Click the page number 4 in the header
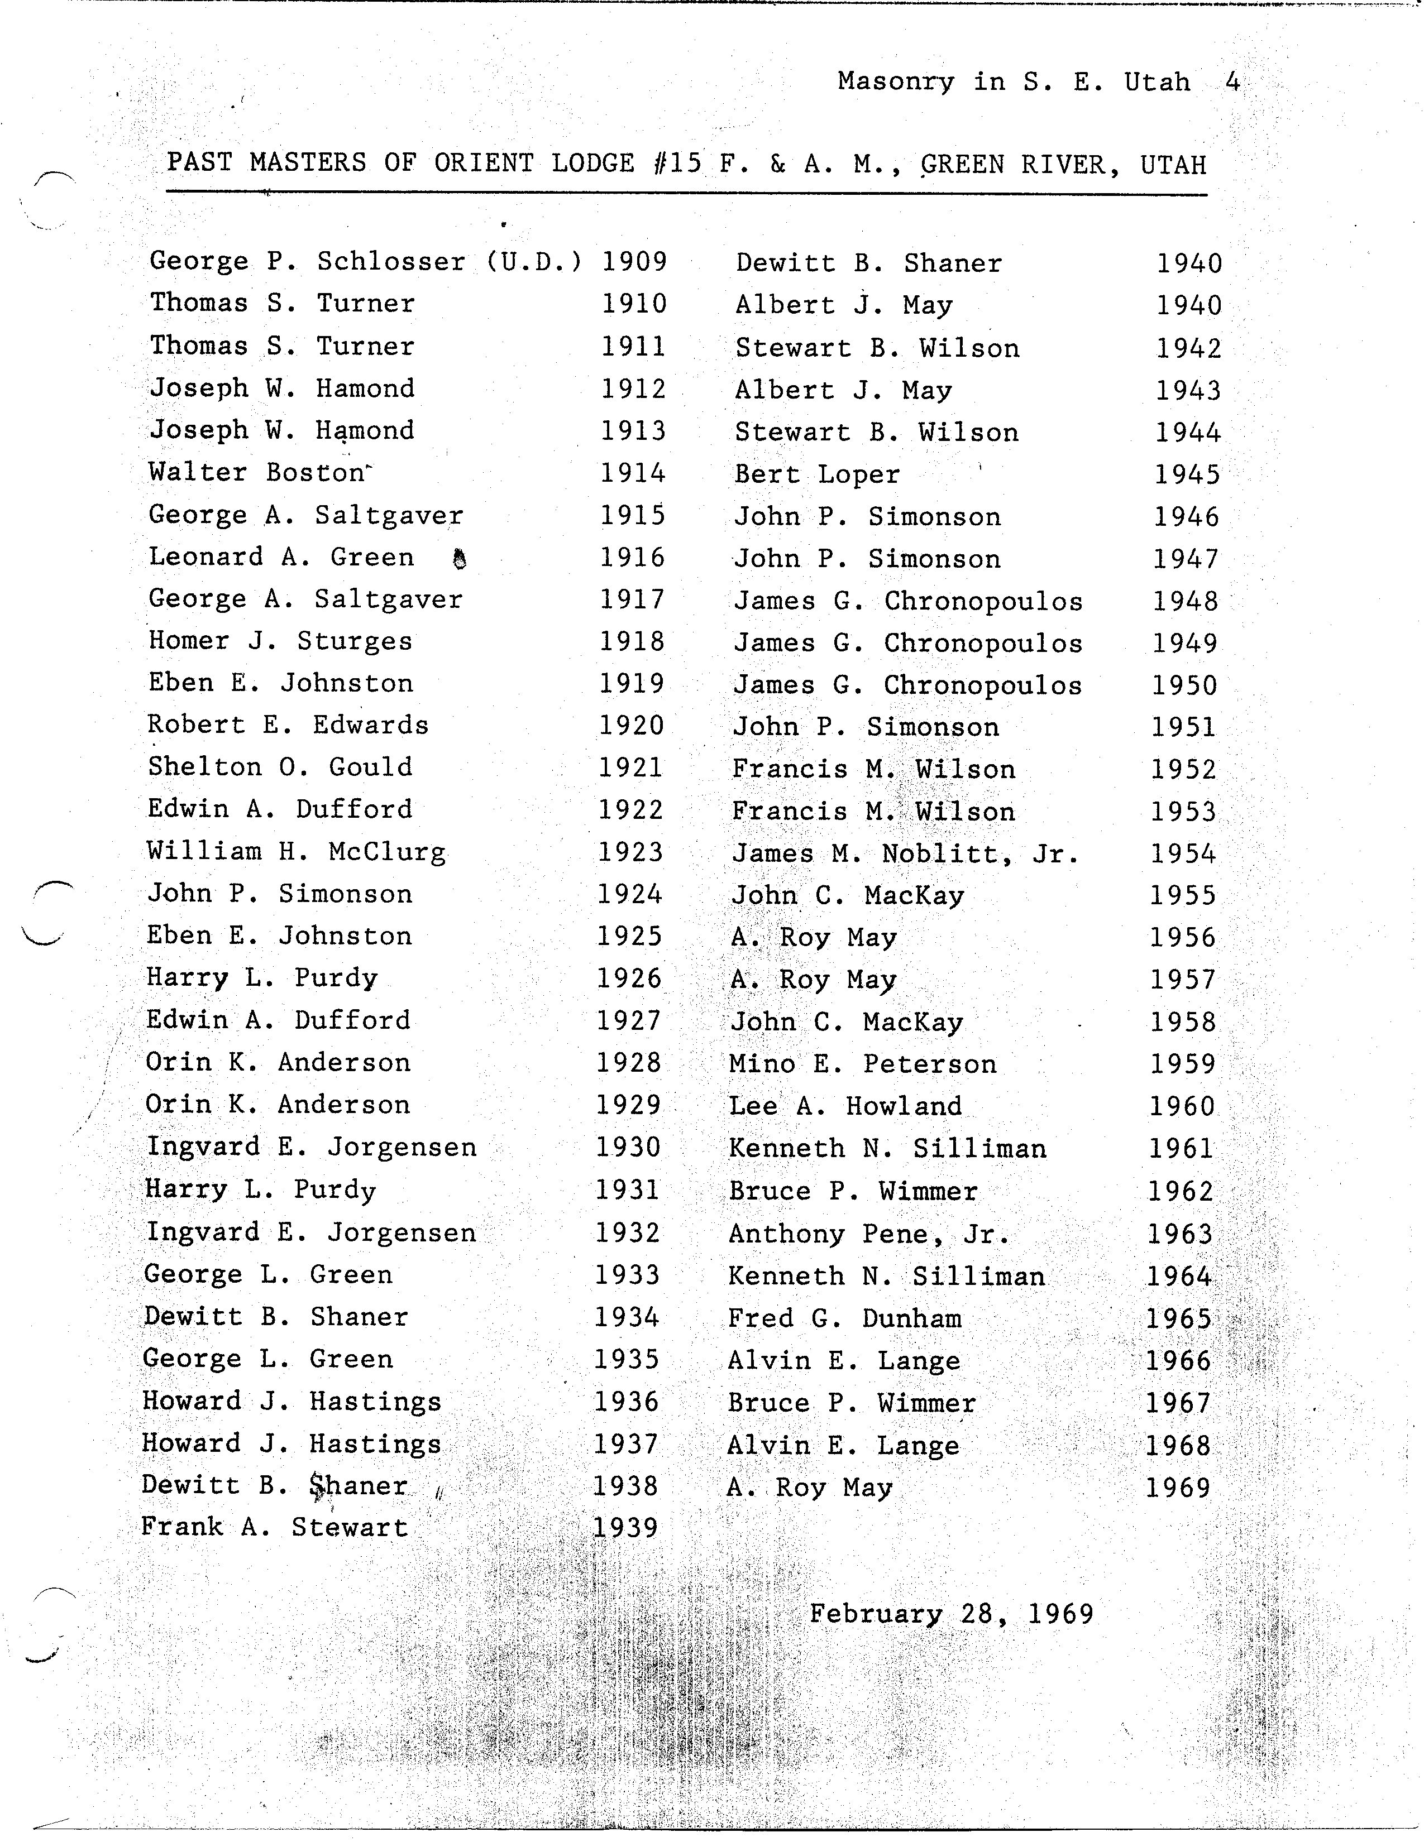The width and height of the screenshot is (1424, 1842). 1232,82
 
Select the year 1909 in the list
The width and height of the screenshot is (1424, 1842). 634,261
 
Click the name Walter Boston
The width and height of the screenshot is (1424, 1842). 257,472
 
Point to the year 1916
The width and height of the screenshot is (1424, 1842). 632,558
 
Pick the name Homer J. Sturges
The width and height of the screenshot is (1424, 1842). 280,641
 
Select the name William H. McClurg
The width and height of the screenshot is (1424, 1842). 296,851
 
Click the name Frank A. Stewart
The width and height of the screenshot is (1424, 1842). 274,1527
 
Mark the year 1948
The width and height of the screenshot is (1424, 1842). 1185,601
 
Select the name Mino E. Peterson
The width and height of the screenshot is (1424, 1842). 863,1064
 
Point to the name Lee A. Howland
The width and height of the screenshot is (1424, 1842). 845,1106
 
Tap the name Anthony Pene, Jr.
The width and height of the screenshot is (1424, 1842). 869,1235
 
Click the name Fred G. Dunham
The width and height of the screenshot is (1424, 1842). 844,1319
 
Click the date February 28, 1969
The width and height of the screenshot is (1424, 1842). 952,1614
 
